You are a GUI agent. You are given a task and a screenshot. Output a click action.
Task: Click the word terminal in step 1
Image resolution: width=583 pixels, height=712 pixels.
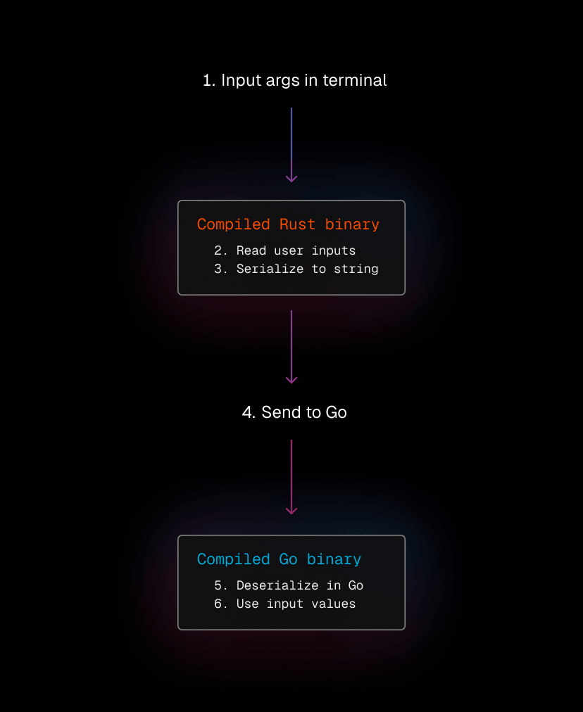point(354,80)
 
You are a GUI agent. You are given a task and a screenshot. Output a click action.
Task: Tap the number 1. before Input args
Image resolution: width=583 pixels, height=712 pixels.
point(209,80)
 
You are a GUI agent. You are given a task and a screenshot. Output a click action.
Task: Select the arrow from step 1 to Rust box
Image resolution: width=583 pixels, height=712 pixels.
point(291,145)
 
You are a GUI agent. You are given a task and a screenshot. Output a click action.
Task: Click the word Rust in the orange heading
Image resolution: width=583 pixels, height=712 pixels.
point(297,224)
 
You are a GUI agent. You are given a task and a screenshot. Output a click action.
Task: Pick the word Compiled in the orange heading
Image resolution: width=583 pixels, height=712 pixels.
point(234,224)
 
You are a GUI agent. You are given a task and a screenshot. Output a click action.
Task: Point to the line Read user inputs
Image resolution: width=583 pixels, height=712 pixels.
point(285,250)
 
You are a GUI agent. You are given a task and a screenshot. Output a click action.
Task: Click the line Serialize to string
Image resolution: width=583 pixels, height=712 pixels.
point(296,269)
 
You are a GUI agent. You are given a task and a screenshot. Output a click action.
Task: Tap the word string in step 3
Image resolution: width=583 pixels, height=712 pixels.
point(356,269)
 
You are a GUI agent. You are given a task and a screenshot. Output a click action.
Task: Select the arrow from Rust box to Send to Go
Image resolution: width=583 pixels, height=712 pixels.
point(291,347)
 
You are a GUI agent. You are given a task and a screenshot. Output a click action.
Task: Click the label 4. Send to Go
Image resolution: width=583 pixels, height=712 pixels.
point(294,412)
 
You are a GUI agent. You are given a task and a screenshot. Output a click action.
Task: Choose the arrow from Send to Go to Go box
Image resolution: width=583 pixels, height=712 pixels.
point(291,477)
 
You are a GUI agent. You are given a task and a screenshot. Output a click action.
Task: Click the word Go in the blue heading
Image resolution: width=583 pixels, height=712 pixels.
point(288,559)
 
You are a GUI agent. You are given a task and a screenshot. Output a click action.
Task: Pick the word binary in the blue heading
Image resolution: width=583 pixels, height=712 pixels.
point(334,559)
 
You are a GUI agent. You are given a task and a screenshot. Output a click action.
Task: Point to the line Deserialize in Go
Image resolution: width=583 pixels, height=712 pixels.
point(289,585)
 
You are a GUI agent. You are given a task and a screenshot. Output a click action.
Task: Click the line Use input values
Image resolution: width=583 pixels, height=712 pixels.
point(285,604)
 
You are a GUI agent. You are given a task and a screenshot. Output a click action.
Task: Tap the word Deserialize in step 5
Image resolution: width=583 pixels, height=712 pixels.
point(277,585)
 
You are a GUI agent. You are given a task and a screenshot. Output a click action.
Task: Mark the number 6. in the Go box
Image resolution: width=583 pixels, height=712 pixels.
point(220,604)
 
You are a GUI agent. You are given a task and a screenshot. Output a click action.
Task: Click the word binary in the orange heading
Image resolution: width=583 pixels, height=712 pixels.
point(352,224)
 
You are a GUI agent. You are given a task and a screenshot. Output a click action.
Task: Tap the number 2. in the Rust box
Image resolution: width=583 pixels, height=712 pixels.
point(220,250)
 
